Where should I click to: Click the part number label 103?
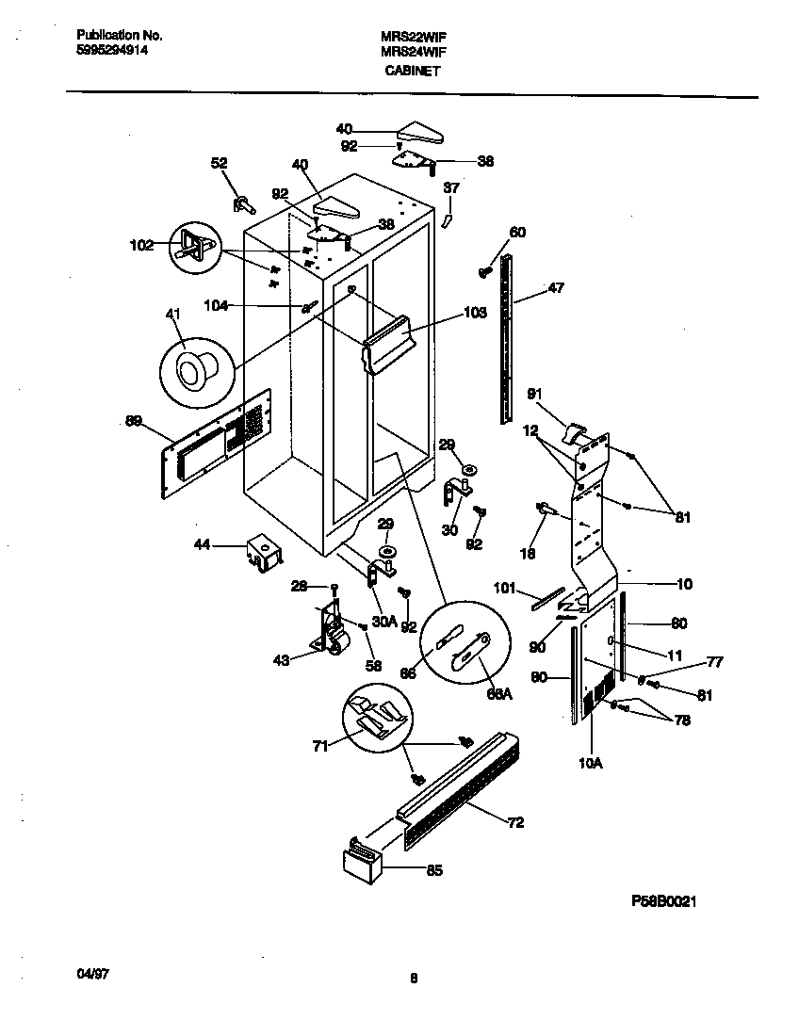[x=475, y=313]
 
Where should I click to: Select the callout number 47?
[x=556, y=288]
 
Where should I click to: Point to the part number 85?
[x=433, y=870]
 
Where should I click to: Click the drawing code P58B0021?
[x=663, y=900]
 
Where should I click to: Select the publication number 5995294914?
[x=111, y=51]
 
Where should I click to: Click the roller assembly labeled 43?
[x=332, y=631]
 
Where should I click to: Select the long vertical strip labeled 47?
[x=508, y=339]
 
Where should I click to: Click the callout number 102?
[x=140, y=247]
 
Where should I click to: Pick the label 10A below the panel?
[x=590, y=763]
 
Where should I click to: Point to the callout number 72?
[x=515, y=823]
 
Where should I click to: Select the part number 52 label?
[x=219, y=163]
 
